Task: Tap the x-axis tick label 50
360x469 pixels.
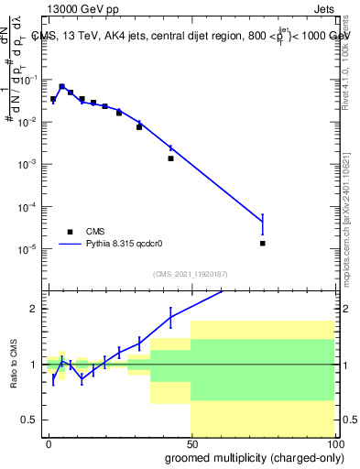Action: click(191, 442)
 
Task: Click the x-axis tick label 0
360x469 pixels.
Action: click(49, 442)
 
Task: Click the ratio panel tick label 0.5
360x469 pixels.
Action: click(29, 420)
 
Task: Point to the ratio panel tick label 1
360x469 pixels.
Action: click(33, 365)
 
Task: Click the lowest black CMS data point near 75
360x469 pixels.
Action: click(263, 244)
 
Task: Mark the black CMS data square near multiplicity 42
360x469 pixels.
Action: click(170, 158)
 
